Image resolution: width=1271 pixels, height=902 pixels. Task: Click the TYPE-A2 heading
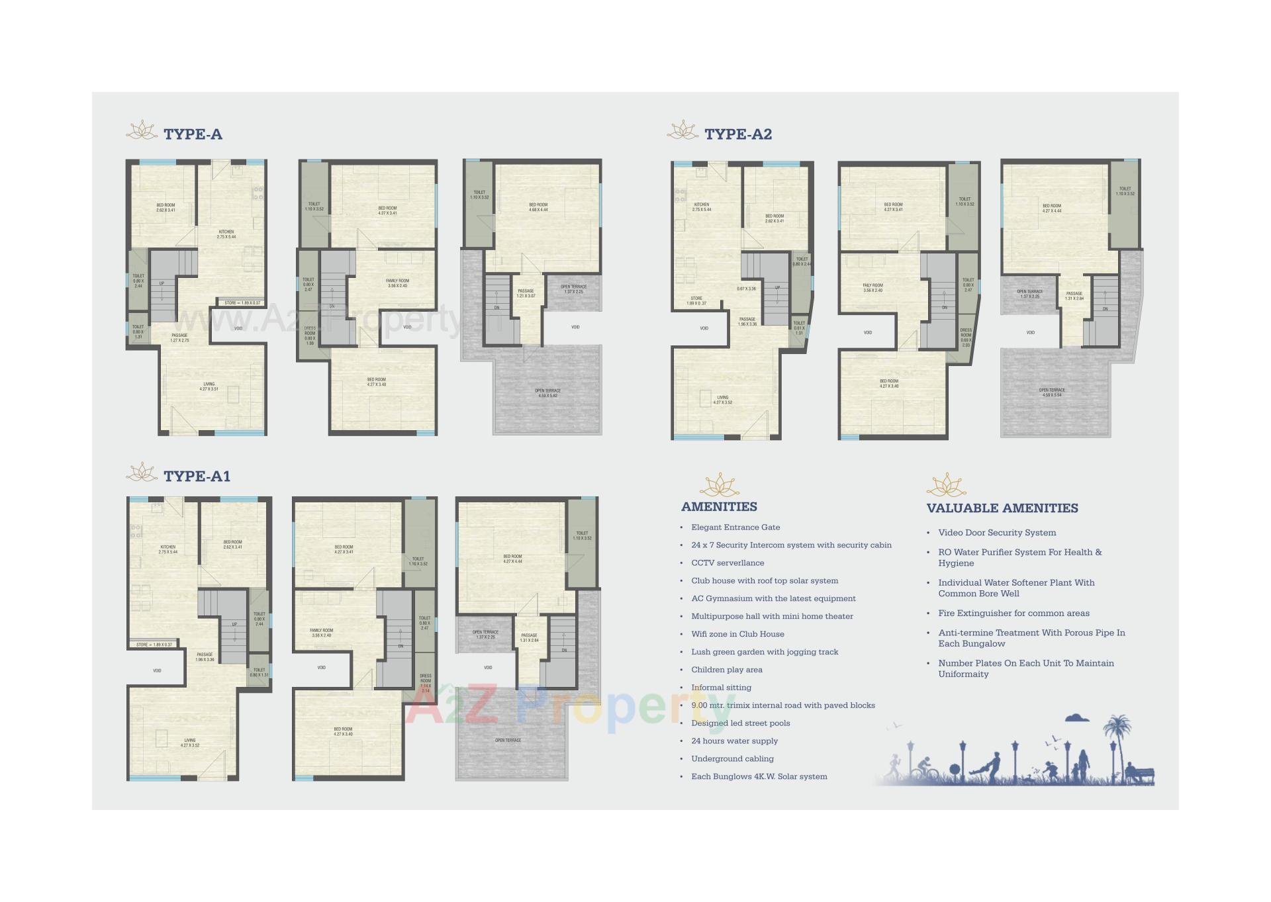point(738,134)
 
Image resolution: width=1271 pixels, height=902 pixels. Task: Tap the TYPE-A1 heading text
point(197,476)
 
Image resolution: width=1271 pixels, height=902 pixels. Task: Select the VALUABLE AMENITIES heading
point(1002,508)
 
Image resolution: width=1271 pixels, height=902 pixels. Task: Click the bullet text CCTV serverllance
point(727,563)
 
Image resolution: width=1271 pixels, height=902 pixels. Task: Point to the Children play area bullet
point(726,670)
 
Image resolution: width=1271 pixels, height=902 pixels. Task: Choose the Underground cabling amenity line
point(732,759)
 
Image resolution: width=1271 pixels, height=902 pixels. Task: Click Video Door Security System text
point(996,533)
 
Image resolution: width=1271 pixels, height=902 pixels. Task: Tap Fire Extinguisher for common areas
point(1013,613)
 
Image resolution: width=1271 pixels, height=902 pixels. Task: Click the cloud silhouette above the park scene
point(1078,717)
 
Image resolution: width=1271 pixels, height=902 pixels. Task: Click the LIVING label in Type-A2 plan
point(722,400)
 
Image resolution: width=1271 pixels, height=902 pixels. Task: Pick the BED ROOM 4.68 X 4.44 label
point(538,207)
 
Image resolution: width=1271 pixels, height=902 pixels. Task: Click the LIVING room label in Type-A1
point(190,743)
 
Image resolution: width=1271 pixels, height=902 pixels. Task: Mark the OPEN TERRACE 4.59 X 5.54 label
point(1051,392)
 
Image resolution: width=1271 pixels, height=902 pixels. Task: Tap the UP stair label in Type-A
point(162,283)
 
